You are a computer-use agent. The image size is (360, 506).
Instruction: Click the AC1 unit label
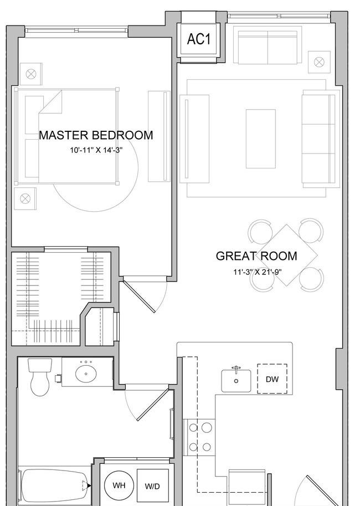pos(199,39)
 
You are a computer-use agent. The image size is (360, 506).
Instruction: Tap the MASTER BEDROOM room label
pos(96,135)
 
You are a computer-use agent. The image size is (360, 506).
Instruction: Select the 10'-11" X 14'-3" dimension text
pos(97,150)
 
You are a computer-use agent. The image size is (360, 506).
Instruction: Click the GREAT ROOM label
pos(256,256)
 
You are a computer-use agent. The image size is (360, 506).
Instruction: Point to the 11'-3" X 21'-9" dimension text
pos(258,272)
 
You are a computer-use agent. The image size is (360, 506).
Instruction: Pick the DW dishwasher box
pos(272,379)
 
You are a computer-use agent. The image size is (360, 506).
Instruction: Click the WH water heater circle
pos(119,485)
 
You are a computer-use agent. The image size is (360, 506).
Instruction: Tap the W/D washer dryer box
pos(152,485)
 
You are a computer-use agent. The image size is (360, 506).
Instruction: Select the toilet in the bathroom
pos(40,377)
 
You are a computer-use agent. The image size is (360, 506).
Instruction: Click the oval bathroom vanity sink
pos(86,374)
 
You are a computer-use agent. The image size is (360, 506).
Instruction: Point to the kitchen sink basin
pos(236,380)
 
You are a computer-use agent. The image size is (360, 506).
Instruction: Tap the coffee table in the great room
pos(261,139)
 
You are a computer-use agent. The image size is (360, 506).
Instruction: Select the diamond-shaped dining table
pos(286,255)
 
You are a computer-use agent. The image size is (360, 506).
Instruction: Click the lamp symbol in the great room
pos(319,62)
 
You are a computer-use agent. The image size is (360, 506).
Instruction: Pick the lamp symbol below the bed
pos(25,198)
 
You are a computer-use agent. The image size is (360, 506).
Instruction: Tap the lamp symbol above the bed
pos(31,74)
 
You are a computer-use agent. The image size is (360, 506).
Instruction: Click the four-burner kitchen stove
pos(200,438)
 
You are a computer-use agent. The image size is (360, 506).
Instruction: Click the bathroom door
pos(152,405)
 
